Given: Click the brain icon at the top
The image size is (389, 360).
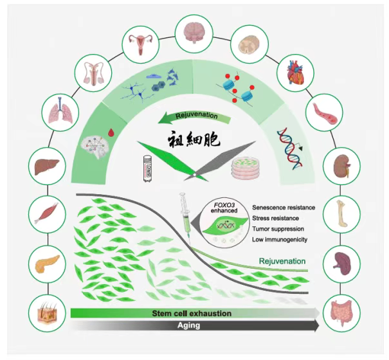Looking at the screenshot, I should [195, 30].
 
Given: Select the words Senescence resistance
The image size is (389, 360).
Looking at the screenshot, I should [284, 207].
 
